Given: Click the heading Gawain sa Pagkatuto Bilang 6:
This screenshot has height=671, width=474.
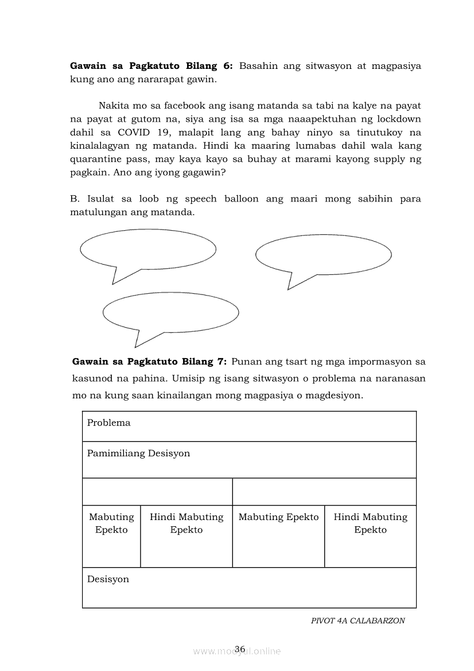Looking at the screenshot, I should click(x=151, y=66).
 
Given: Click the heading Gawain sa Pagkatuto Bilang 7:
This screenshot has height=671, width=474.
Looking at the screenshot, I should click(x=150, y=362).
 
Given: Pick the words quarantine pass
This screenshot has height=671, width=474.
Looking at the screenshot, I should click(x=108, y=159).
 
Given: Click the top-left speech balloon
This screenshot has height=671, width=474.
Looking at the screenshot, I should click(x=148, y=249).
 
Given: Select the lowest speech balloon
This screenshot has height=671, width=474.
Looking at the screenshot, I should click(x=170, y=312).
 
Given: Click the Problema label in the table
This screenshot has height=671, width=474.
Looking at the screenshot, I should click(x=109, y=423).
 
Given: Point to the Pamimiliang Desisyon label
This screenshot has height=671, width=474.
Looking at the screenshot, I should click(x=138, y=453).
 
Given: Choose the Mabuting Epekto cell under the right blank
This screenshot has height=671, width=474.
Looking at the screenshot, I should click(x=278, y=517).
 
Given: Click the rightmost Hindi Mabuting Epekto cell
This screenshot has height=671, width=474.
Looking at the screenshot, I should click(x=370, y=523).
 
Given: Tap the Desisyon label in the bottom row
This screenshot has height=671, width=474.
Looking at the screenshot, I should click(x=108, y=579).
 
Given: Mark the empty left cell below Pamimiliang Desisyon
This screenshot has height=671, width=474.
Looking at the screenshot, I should click(x=157, y=492).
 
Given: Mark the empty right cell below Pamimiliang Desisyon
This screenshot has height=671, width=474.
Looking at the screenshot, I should click(x=324, y=492).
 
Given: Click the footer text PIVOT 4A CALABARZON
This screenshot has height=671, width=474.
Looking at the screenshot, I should click(x=358, y=620).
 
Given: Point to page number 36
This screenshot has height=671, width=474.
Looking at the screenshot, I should click(x=240, y=649).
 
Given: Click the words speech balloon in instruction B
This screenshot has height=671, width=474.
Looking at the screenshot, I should click(x=222, y=199).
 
